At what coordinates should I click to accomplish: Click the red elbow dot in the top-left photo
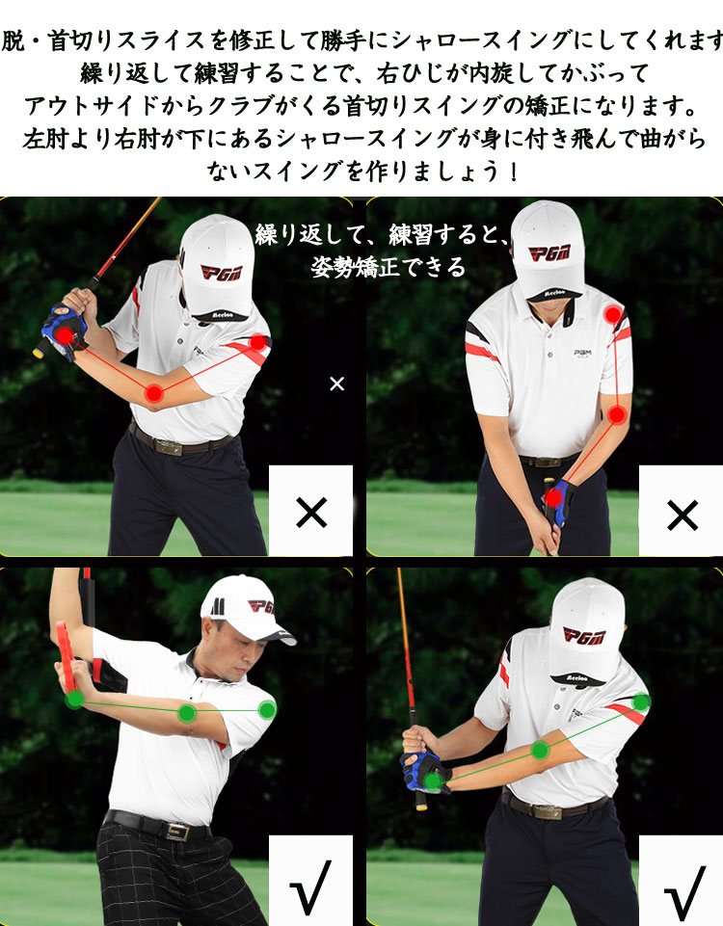coord(154,393)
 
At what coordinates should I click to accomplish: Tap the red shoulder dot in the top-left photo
coord(258,342)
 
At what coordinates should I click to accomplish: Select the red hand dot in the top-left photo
coord(65,336)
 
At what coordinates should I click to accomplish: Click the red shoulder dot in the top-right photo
coord(613,314)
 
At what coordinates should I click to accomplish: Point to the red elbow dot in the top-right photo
coord(617,415)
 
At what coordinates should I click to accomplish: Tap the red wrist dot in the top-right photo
coord(553,498)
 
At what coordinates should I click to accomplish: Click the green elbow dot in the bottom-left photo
coord(187,713)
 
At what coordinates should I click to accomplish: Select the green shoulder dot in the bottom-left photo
coord(267,709)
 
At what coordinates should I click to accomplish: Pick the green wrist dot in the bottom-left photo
coord(74,700)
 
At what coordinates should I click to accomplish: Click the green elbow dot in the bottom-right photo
coord(540,750)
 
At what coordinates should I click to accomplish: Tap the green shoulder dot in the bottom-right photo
coord(641,702)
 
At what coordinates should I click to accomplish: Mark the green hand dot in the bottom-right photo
coord(433,781)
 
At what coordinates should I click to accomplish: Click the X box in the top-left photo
coord(310,511)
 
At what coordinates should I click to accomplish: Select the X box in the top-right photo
coord(681,511)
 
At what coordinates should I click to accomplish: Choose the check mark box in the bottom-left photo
coord(310,881)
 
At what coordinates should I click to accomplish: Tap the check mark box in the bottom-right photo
coord(681,881)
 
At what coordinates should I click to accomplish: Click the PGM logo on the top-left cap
coord(222,273)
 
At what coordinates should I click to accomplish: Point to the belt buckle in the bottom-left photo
coord(177,833)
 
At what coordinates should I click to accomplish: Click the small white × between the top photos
coord(336,384)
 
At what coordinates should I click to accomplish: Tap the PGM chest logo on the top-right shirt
coord(583,354)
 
